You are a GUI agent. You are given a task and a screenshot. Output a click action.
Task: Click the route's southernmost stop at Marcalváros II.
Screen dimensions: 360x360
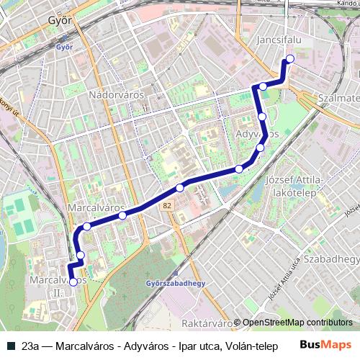click(73, 282)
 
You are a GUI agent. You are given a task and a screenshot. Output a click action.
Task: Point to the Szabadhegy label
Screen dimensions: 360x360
click(330, 258)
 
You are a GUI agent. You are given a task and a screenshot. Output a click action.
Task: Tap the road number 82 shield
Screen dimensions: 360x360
click(167, 206)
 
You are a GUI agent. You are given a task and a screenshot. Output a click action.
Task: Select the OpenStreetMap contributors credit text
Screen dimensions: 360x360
click(297, 323)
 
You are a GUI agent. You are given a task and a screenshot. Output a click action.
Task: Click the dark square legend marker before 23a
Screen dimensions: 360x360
click(9, 346)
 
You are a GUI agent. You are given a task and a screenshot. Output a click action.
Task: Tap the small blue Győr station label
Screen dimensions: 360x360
click(58, 47)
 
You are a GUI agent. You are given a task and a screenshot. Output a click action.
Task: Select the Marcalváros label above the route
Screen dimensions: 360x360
click(91, 207)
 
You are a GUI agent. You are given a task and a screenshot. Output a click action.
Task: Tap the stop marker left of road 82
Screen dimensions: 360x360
click(123, 215)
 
